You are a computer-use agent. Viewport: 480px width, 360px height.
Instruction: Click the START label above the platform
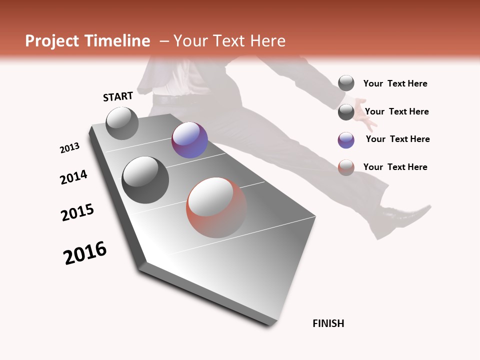point(118,96)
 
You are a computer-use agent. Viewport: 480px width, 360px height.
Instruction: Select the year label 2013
point(70,148)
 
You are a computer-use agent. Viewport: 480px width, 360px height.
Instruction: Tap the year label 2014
point(74,177)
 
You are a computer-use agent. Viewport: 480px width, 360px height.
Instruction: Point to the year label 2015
point(77,212)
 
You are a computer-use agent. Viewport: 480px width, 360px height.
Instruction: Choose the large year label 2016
point(85,253)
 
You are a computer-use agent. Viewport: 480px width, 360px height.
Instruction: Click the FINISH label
point(328,323)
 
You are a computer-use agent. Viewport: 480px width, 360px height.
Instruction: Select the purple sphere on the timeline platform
point(189,140)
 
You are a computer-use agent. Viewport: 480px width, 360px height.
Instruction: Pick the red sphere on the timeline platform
point(216,207)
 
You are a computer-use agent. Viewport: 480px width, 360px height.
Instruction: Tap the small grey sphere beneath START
point(122,123)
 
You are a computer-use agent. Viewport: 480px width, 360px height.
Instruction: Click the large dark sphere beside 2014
point(145,179)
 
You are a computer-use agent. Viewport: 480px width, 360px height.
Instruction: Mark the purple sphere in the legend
point(346,140)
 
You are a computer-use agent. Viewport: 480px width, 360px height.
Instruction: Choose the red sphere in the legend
point(346,167)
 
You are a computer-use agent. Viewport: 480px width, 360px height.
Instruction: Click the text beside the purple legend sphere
point(397,139)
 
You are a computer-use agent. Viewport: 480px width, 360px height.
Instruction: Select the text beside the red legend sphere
point(395,167)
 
